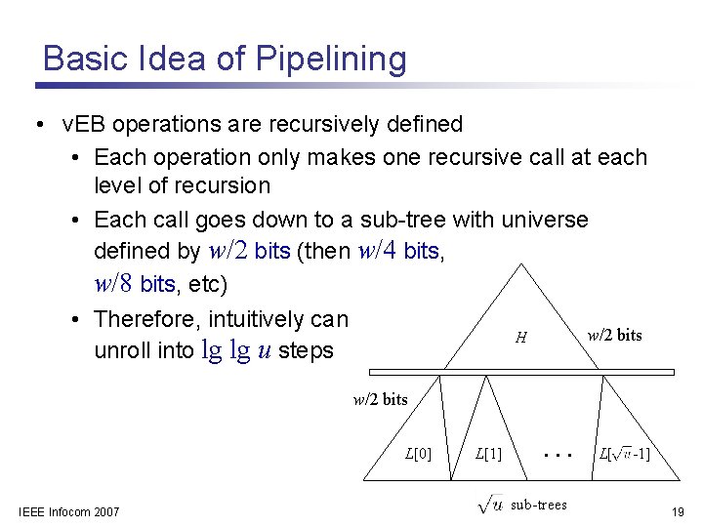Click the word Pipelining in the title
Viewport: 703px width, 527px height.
click(330, 60)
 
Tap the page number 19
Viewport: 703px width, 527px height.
click(678, 511)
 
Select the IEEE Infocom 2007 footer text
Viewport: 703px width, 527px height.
click(69, 511)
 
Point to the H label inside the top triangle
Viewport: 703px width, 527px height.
click(521, 338)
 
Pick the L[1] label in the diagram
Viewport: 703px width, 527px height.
click(487, 453)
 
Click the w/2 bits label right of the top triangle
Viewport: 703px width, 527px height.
click(614, 335)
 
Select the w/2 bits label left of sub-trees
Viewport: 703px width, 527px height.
click(380, 399)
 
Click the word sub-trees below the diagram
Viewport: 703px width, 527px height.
click(538, 505)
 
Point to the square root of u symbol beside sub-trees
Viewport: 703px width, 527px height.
click(490, 504)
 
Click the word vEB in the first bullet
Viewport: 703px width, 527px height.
click(82, 125)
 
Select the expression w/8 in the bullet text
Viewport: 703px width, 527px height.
click(114, 284)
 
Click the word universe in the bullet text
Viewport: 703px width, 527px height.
click(541, 219)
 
